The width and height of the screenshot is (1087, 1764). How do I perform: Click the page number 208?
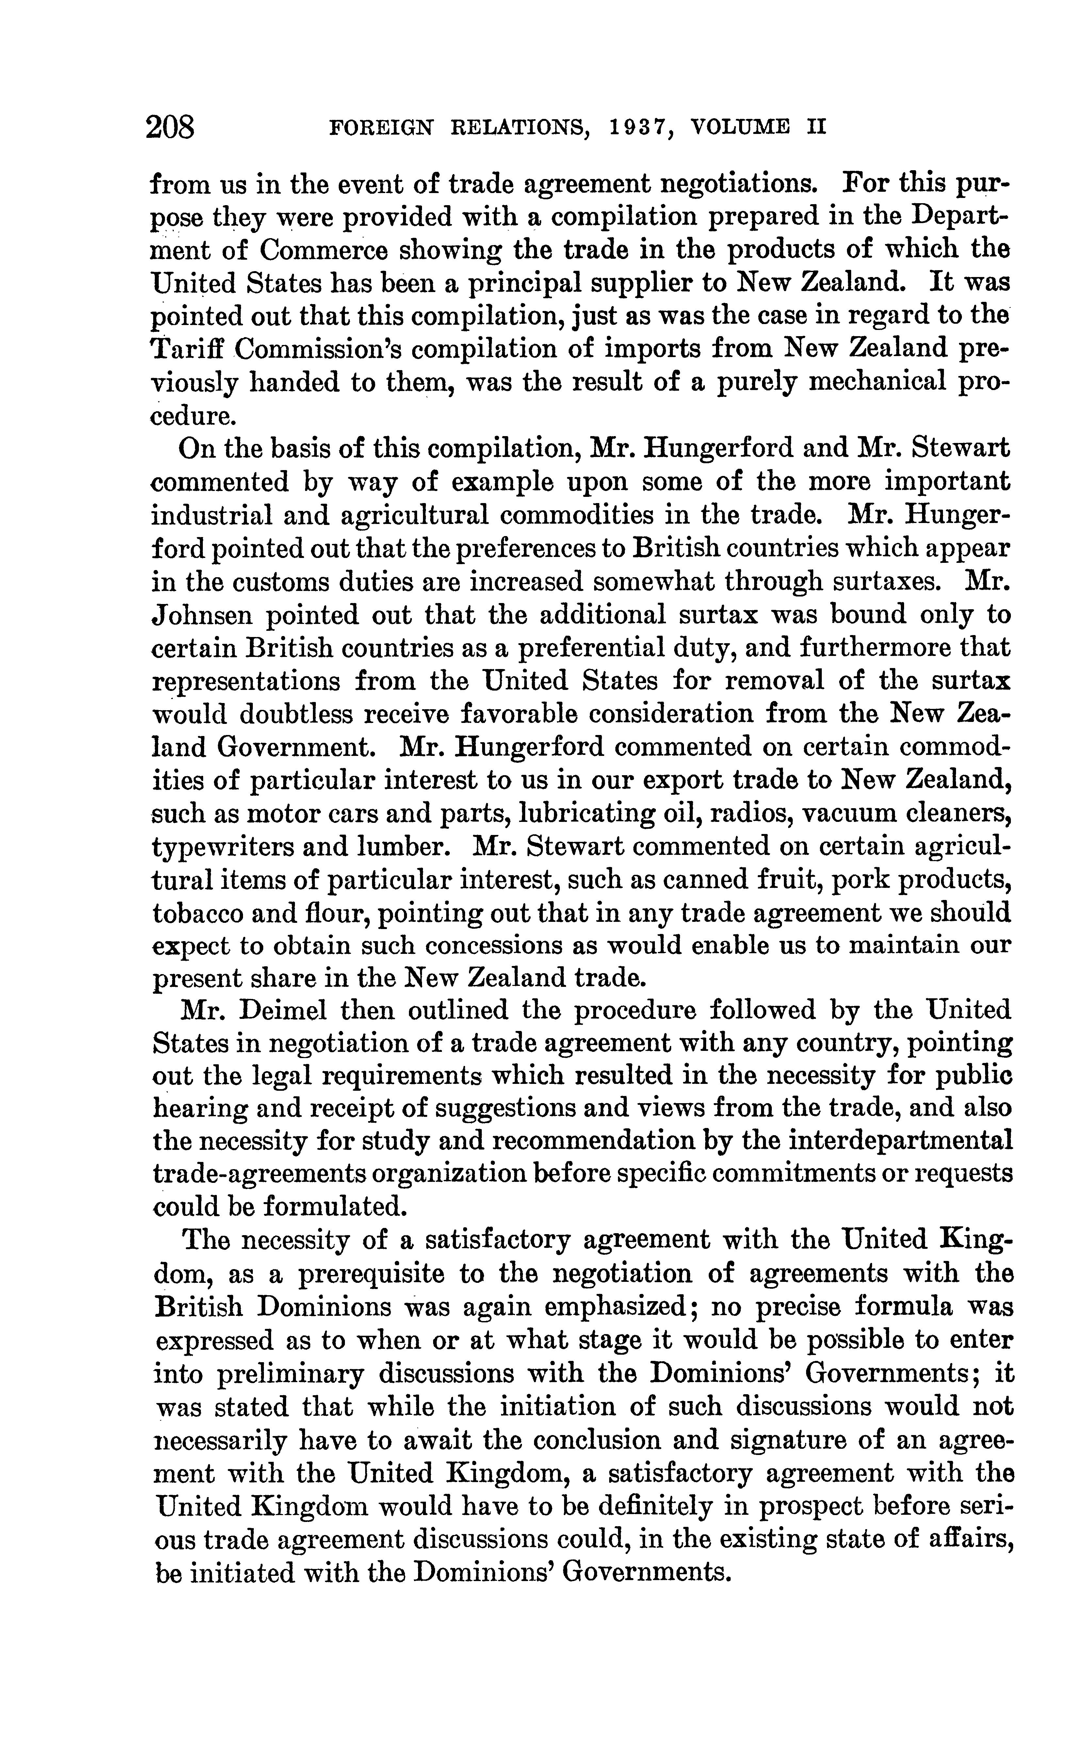(x=170, y=128)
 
